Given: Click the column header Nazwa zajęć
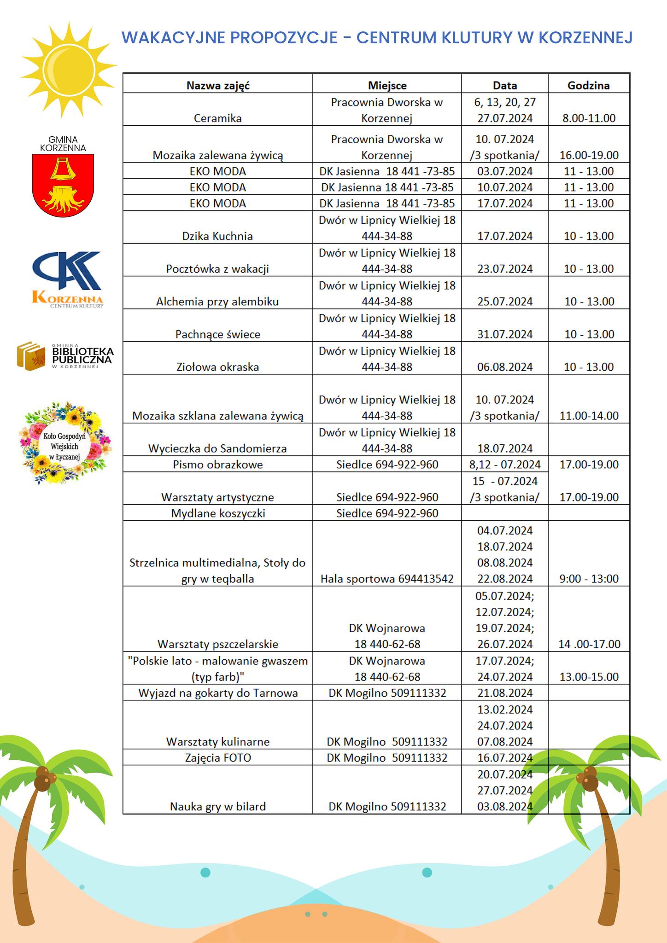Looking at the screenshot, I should (218, 85).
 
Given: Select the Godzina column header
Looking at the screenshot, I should (588, 85).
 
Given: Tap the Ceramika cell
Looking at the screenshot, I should (218, 118).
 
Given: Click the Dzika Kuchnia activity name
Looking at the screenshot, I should (218, 236).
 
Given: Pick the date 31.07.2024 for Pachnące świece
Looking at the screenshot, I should (505, 334).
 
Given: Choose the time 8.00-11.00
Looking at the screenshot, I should (589, 118).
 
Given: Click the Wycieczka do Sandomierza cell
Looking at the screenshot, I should (218, 448).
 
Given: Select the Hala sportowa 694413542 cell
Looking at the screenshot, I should (387, 579).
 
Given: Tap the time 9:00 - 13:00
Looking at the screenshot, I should (589, 579).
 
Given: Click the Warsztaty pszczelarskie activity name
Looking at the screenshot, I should (218, 644).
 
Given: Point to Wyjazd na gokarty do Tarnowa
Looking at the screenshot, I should (218, 693).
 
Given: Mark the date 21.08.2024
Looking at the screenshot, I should (505, 693).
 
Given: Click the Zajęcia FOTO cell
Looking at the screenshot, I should (218, 757).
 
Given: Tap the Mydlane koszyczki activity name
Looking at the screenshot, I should (218, 513).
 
